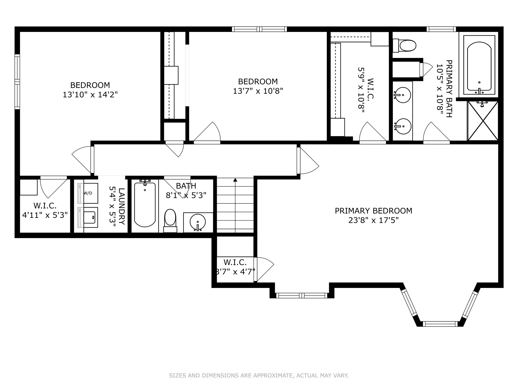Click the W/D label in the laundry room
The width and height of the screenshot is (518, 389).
(x=88, y=193)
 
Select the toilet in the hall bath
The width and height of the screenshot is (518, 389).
(x=170, y=221)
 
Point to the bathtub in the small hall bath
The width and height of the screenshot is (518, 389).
(x=145, y=204)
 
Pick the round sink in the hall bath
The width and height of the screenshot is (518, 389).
(x=198, y=222)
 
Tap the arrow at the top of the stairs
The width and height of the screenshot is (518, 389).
(x=235, y=180)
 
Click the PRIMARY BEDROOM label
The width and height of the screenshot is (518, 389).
(x=373, y=211)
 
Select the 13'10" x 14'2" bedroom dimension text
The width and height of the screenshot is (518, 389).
(x=90, y=95)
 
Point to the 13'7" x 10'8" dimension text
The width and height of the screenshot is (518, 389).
(x=258, y=91)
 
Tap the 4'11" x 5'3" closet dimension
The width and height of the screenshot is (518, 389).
(x=45, y=215)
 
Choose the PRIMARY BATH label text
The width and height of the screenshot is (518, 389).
(x=449, y=89)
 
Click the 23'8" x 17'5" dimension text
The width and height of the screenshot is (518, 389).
(x=373, y=220)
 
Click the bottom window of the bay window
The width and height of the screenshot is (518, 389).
(x=440, y=324)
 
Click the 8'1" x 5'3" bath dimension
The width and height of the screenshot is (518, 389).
(x=186, y=195)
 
